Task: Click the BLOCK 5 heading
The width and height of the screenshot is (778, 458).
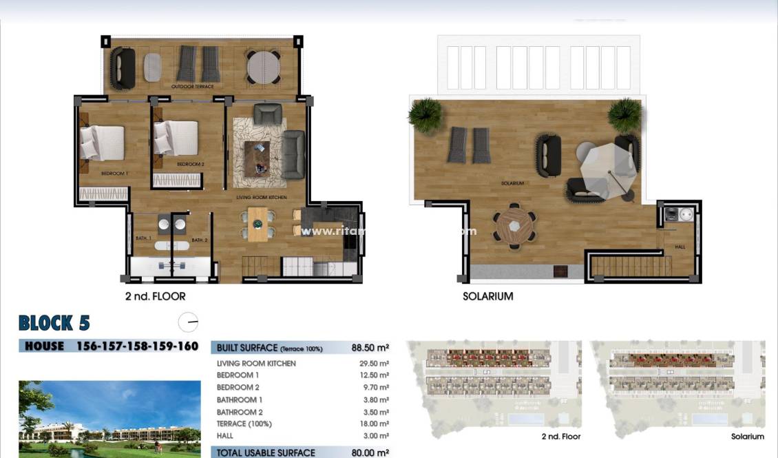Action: (x=54, y=323)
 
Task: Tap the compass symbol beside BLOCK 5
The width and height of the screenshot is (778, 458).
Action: (x=187, y=322)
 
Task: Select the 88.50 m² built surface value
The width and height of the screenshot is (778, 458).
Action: (x=370, y=348)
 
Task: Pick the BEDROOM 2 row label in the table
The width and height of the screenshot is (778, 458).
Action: (x=238, y=388)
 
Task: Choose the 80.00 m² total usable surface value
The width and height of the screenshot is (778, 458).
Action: (x=370, y=452)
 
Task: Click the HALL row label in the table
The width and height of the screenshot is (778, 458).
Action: (x=225, y=436)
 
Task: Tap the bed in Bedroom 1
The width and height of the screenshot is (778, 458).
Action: (x=101, y=143)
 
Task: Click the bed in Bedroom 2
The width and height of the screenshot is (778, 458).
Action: (x=176, y=138)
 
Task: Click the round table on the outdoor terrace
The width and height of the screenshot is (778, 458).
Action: (x=264, y=67)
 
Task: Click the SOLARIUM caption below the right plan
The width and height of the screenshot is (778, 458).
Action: (x=487, y=297)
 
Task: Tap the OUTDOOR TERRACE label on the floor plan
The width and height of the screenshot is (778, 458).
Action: (x=194, y=87)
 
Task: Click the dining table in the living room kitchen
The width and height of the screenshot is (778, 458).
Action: (x=257, y=224)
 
